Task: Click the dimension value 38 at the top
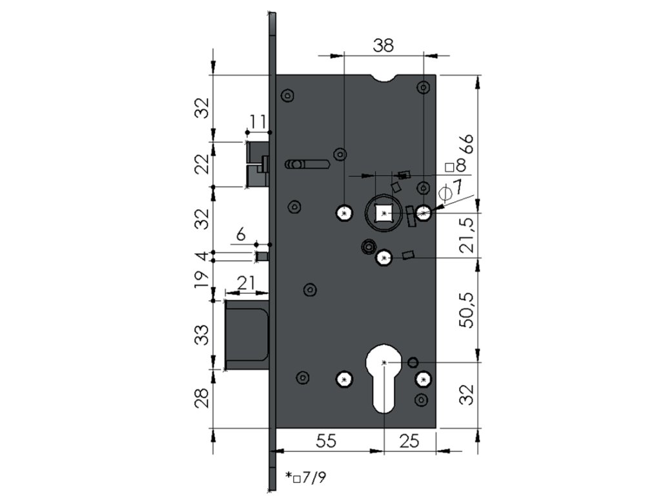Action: (x=383, y=45)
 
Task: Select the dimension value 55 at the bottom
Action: (x=326, y=441)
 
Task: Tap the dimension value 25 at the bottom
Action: (x=409, y=441)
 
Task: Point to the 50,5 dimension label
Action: (x=467, y=309)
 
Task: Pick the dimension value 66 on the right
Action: (x=467, y=144)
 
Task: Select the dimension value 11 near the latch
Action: (x=258, y=121)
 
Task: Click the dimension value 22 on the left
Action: (x=203, y=163)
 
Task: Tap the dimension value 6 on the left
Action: (x=241, y=234)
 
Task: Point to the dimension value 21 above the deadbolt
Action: (x=246, y=284)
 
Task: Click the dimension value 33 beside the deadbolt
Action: (x=203, y=335)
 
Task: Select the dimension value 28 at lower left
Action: (x=203, y=397)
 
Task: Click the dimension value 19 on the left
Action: (x=203, y=278)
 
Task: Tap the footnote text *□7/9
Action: (x=305, y=477)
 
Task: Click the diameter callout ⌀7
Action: (x=450, y=189)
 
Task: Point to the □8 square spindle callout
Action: (x=456, y=165)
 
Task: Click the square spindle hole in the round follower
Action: (x=383, y=213)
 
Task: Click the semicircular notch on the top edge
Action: (x=383, y=79)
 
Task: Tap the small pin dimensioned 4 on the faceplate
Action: (x=262, y=256)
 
